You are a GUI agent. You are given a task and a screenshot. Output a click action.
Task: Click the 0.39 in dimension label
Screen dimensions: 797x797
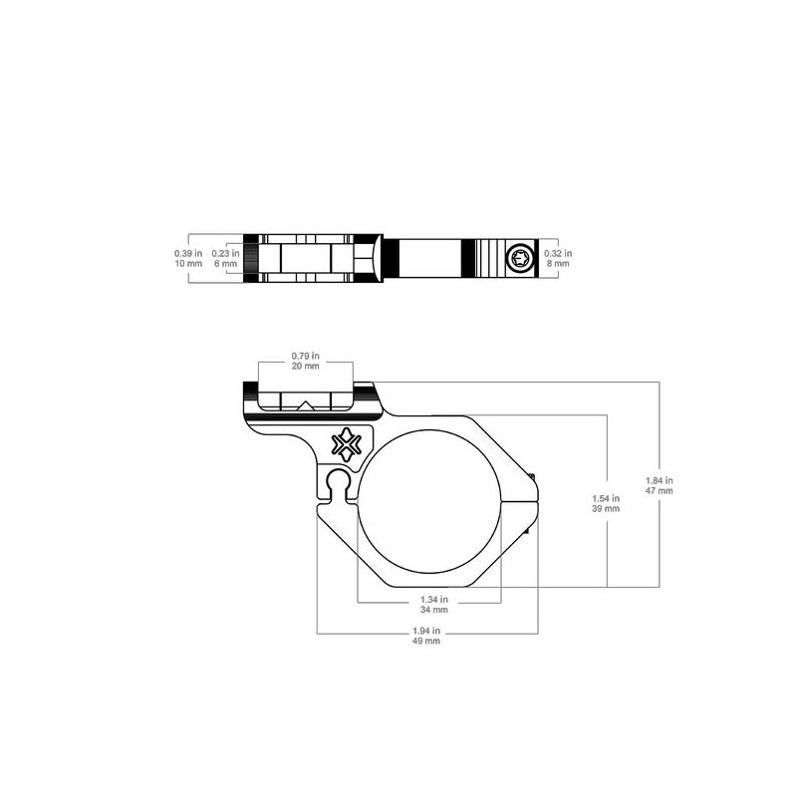pyautogui.click(x=188, y=253)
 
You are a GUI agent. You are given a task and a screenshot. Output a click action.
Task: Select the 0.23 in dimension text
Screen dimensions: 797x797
pyautogui.click(x=226, y=253)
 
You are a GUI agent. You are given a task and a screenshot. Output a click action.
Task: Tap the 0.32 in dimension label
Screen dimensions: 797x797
pyautogui.click(x=558, y=253)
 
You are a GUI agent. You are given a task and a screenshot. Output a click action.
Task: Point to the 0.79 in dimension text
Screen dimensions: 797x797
pyautogui.click(x=306, y=356)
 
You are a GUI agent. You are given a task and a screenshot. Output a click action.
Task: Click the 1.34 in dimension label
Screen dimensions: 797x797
pyautogui.click(x=434, y=600)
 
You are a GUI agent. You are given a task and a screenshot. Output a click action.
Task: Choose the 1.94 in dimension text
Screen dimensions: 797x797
pyautogui.click(x=426, y=631)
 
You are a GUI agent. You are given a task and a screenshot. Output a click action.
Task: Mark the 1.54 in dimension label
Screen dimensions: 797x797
pyautogui.click(x=606, y=499)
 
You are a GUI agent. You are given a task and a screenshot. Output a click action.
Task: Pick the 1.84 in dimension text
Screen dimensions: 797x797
pyautogui.click(x=660, y=480)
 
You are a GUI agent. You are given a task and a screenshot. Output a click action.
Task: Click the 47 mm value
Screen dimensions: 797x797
pyautogui.click(x=660, y=491)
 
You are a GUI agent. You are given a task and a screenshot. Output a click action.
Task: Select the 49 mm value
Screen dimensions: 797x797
pyautogui.click(x=426, y=641)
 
